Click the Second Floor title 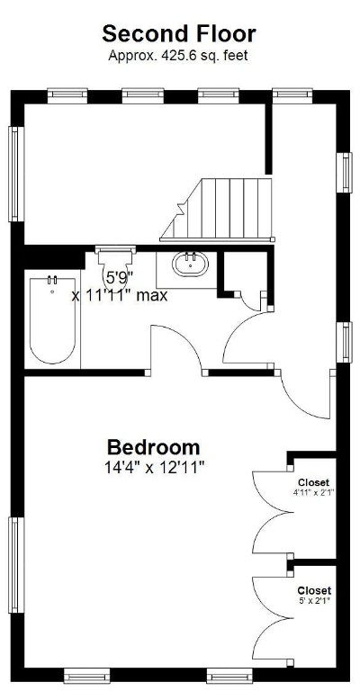click(x=178, y=34)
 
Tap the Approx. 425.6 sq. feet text click(x=178, y=55)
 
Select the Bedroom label click(x=154, y=447)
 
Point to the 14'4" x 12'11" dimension click(x=154, y=467)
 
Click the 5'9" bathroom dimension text click(x=120, y=277)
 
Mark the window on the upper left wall click(x=14, y=174)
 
